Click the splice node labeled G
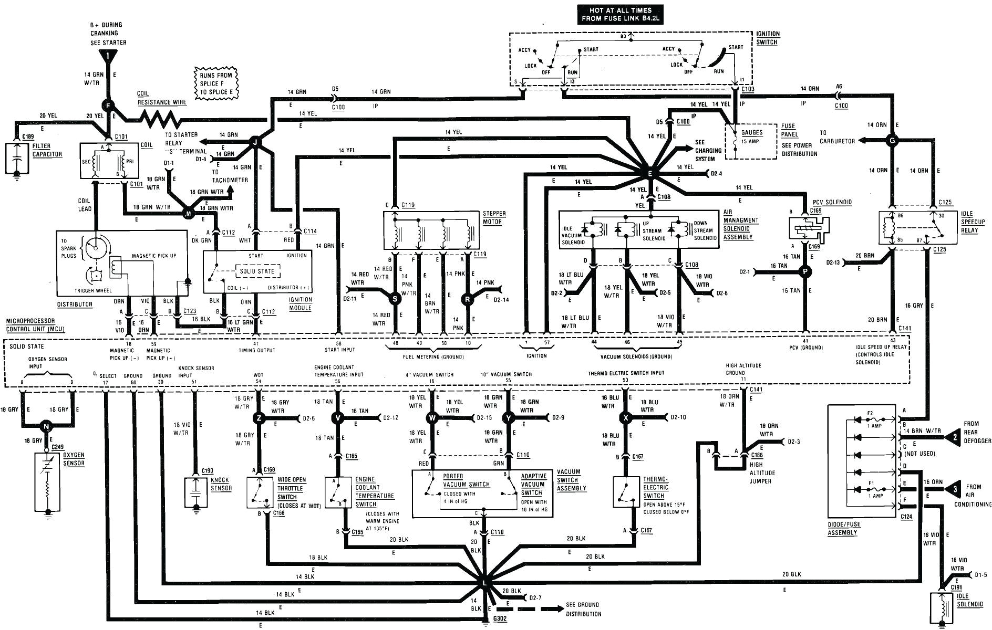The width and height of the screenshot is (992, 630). (892, 140)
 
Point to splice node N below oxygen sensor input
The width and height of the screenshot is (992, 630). (47, 426)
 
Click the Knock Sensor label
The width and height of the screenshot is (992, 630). (221, 484)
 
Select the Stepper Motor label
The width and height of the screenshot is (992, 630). (494, 217)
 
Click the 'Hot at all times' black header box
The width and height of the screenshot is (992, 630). (621, 14)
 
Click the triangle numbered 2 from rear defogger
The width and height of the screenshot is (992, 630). (952, 435)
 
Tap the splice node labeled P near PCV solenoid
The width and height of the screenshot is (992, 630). (804, 271)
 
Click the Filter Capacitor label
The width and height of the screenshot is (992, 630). (47, 150)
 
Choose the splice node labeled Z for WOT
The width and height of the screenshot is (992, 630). (258, 418)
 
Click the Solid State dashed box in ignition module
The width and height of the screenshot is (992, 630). (257, 271)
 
